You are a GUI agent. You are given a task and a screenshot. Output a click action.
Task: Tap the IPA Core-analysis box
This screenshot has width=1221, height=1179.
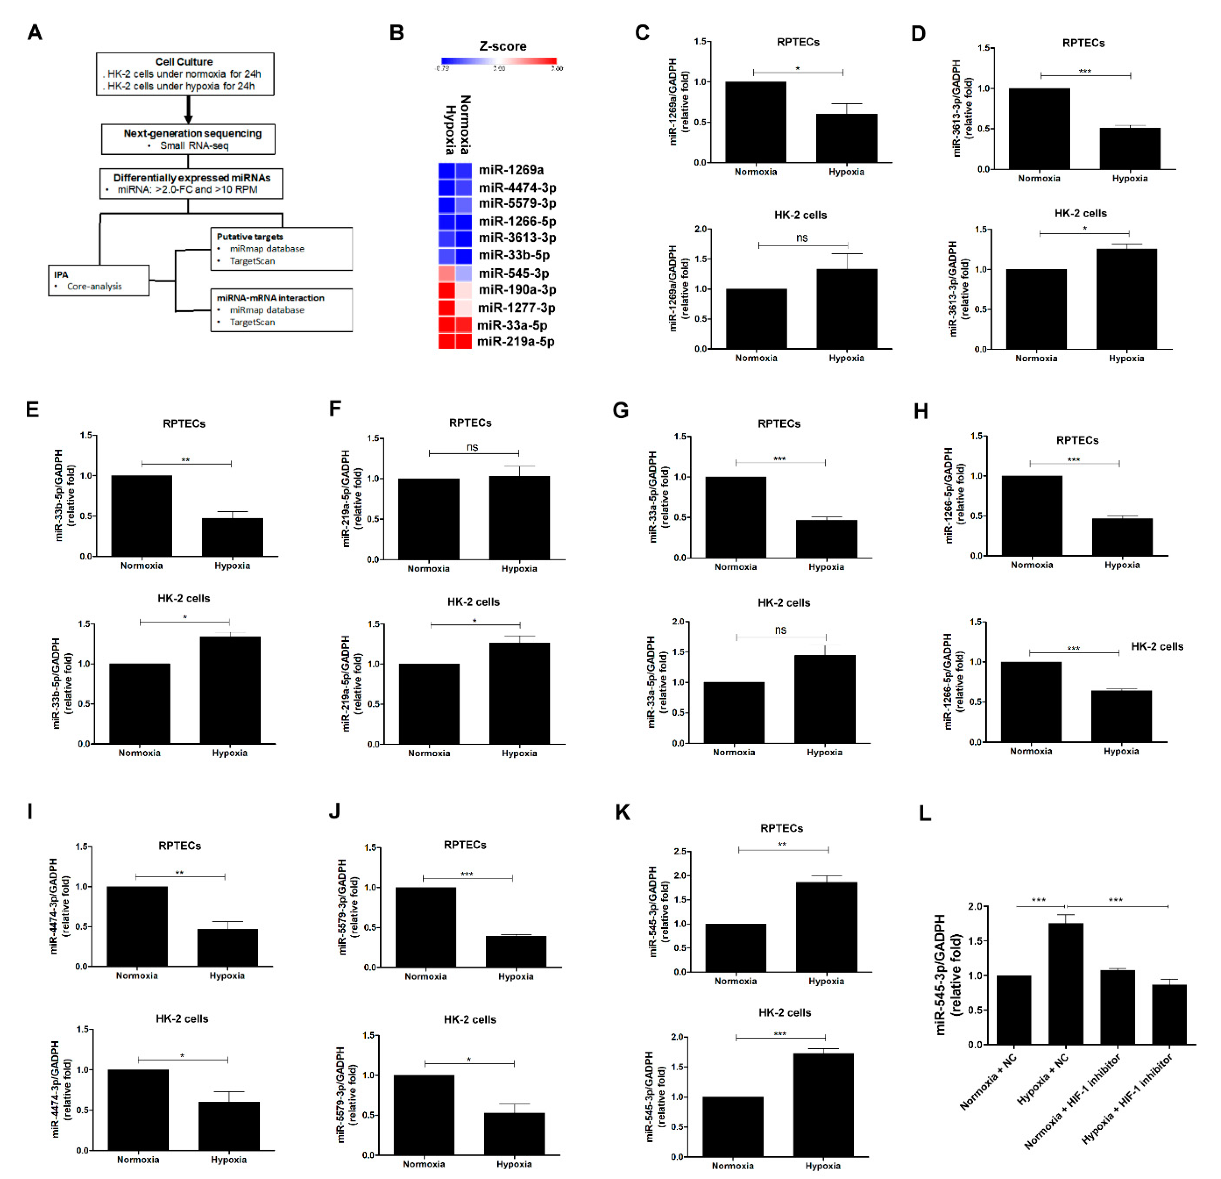point(99,280)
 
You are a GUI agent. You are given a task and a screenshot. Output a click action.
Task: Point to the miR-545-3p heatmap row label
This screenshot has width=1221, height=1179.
point(513,273)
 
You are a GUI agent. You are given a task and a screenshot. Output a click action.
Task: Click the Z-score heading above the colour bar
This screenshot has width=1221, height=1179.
point(502,46)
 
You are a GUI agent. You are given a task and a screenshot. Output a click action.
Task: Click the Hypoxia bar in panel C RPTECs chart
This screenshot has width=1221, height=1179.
point(846,138)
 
